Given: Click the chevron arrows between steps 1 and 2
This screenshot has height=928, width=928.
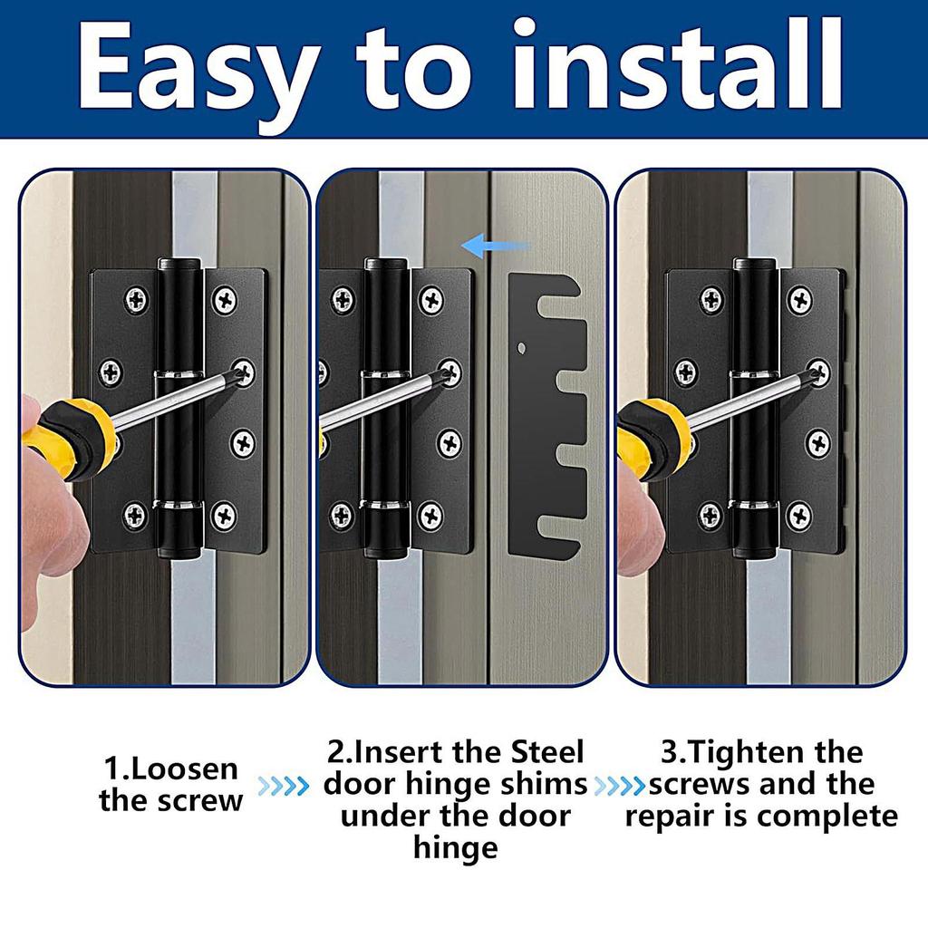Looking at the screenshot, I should pyautogui.click(x=284, y=786).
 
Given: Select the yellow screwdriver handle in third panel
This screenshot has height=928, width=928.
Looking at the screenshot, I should pyautogui.click(x=651, y=435).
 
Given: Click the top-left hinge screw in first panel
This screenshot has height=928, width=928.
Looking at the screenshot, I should pyautogui.click(x=136, y=300).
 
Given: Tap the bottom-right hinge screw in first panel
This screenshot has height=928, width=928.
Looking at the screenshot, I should pyautogui.click(x=224, y=517).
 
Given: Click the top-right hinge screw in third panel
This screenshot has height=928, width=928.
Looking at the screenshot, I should pyautogui.click(x=798, y=300).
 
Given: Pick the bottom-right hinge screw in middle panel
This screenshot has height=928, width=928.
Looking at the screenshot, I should pyautogui.click(x=430, y=517).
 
